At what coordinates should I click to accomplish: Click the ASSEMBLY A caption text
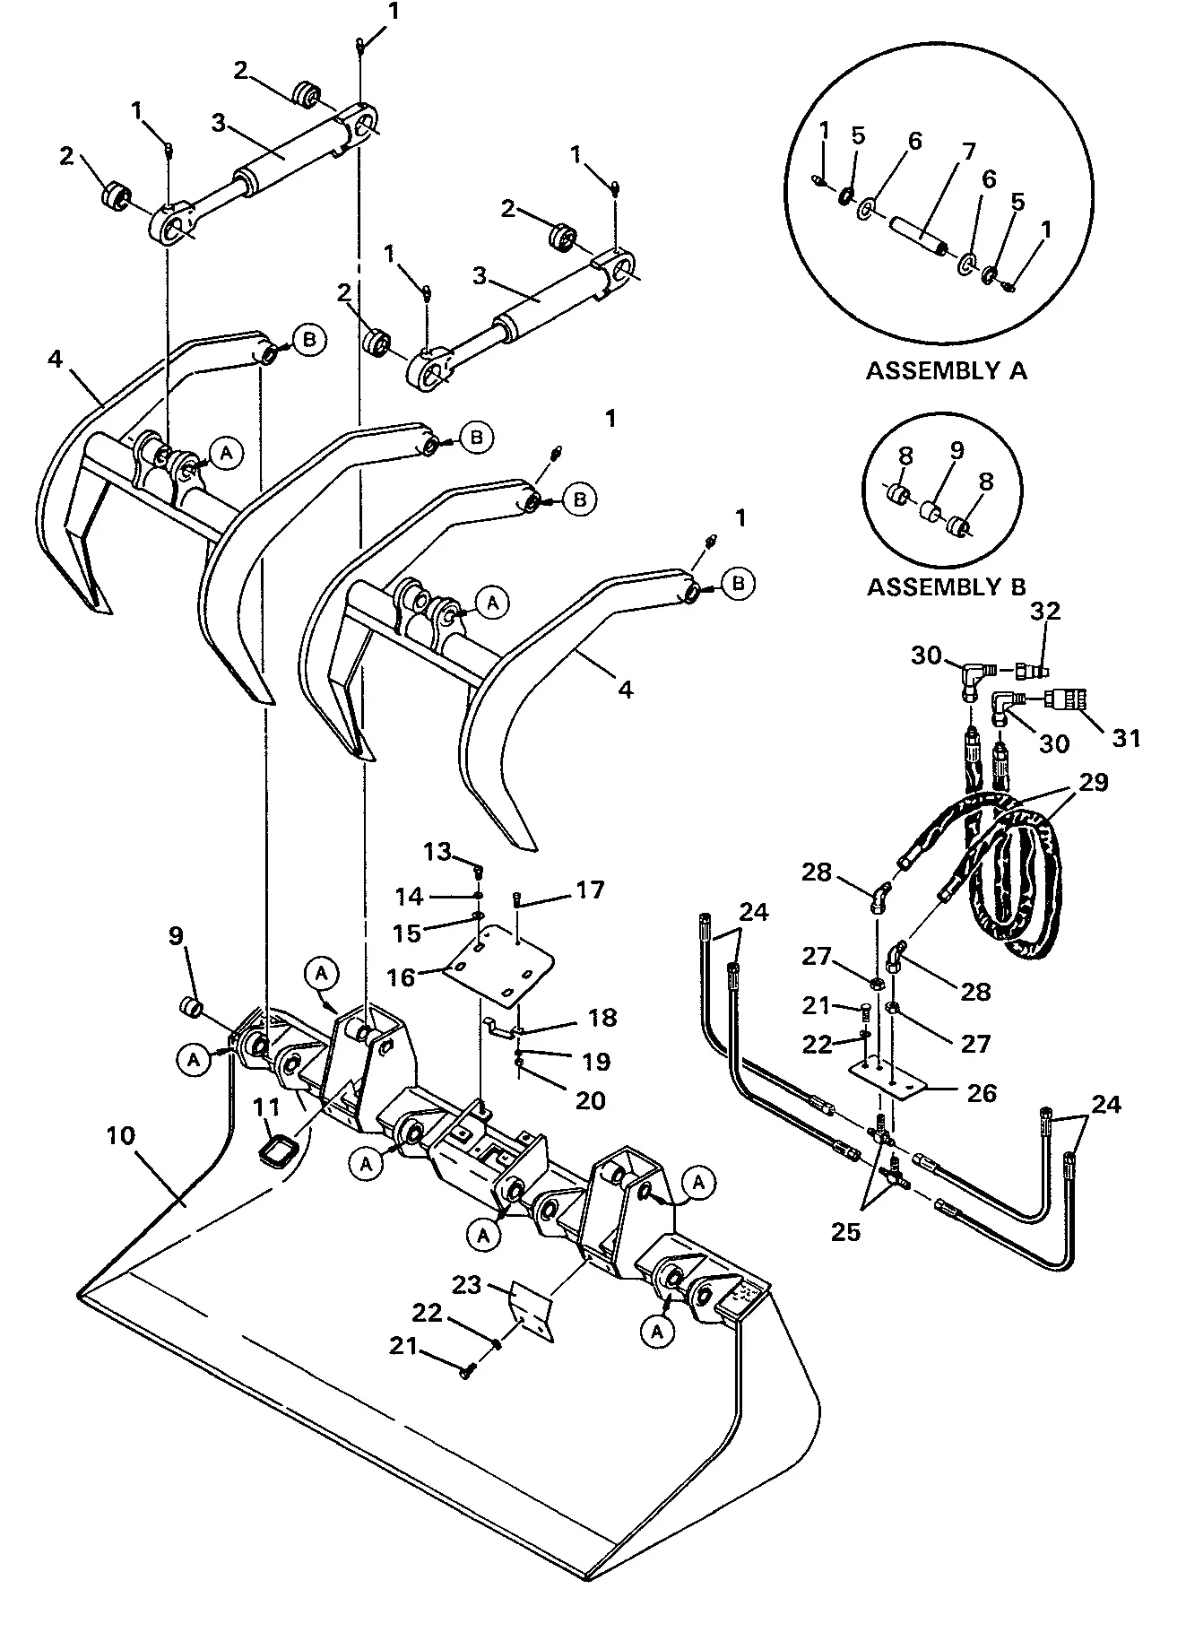point(946,370)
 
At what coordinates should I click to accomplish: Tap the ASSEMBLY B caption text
point(946,587)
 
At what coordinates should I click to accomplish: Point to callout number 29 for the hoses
point(1092,782)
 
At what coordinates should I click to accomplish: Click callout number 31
point(1126,737)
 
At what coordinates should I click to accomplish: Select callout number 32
point(1045,611)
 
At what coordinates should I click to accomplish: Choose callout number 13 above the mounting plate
point(438,850)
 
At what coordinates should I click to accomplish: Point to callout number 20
point(590,1099)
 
